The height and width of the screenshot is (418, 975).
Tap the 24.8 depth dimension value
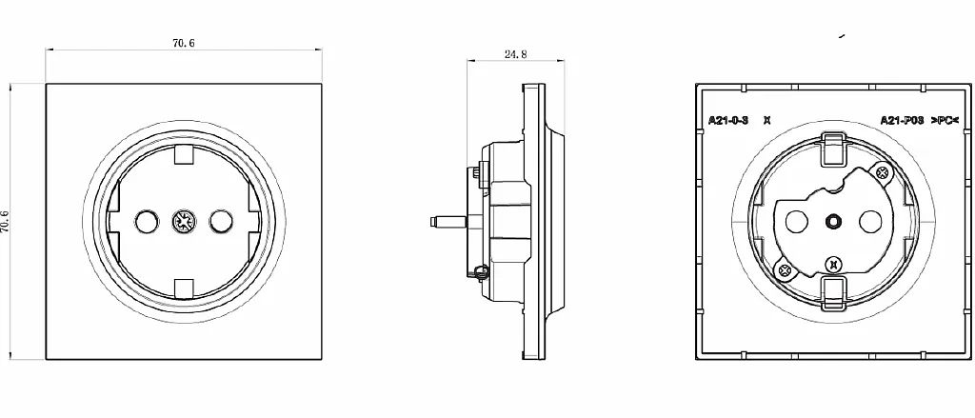coord(515,54)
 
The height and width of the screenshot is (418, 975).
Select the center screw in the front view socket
coord(184,221)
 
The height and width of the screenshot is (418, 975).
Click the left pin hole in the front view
coord(147,221)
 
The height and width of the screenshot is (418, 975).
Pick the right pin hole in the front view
coord(221,221)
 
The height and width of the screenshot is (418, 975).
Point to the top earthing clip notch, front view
coord(184,154)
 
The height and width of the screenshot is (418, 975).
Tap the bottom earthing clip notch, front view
coord(184,288)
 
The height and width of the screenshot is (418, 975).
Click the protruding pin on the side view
coord(448,221)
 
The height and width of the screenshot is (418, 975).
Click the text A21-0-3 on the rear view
coord(728,120)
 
